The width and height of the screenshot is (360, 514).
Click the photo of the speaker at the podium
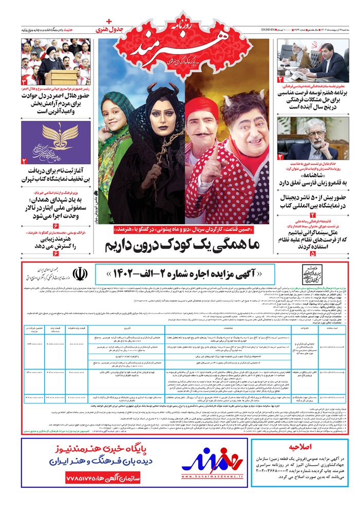pyautogui.click(x=56, y=61)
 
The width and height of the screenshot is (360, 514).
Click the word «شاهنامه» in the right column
pyautogui.click(x=313, y=174)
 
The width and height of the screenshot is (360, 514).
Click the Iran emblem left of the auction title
pyautogui.click(x=81, y=273)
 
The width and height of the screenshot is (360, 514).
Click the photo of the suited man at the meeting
pyautogui.click(x=313, y=60)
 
